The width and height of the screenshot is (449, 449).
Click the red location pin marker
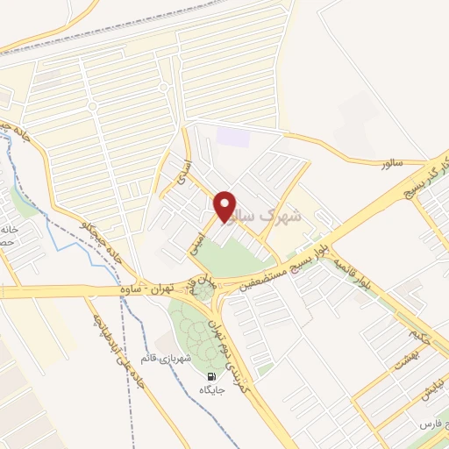[x=225, y=206]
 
